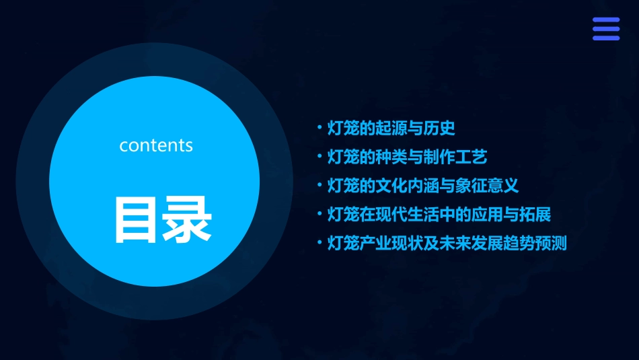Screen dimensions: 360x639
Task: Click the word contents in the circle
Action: (x=156, y=145)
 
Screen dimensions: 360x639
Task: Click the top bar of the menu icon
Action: (x=605, y=20)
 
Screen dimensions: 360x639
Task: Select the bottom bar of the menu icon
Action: (x=605, y=38)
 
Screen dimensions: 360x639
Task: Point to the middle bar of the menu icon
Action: (x=605, y=29)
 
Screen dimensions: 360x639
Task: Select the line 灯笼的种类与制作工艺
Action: (x=406, y=157)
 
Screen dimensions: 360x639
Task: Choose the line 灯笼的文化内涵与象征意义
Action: (x=422, y=186)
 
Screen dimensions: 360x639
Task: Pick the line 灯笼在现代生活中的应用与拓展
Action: (x=439, y=215)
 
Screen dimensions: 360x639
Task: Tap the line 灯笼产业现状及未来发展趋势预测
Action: (x=447, y=244)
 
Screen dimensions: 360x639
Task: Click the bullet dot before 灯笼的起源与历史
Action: (x=319, y=128)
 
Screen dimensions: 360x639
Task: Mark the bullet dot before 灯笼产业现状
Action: (x=319, y=244)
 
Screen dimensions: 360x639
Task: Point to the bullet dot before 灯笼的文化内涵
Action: (x=319, y=186)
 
